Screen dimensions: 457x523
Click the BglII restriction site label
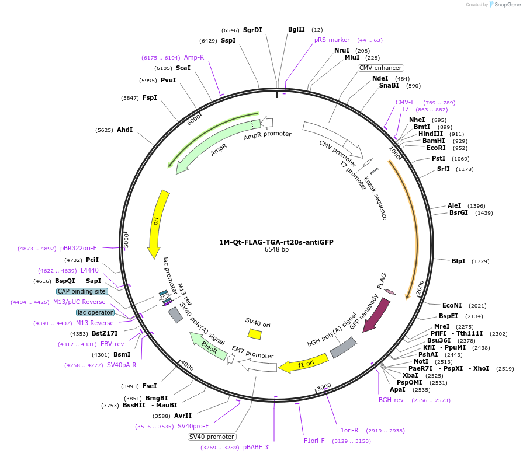tap(296, 29)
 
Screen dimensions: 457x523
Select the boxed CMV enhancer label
tap(380, 68)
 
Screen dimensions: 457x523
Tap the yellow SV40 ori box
tap(254, 334)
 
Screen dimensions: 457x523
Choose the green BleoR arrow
tap(207, 346)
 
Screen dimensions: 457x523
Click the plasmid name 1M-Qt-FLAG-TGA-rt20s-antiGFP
tap(276, 242)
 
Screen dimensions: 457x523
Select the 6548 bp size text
tap(276, 250)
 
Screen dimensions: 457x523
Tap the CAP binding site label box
tap(82, 291)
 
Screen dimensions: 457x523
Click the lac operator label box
tap(95, 312)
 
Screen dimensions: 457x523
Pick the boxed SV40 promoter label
tap(212, 437)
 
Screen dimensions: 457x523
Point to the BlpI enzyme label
tap(458, 261)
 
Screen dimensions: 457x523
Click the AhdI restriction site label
tap(124, 130)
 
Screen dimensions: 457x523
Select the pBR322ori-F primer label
tap(78, 248)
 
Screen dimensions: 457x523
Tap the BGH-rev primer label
tap(391, 400)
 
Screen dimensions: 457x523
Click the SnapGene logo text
tap(505, 5)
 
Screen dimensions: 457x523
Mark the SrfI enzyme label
tap(444, 169)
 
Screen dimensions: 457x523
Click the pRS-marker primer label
tap(332, 40)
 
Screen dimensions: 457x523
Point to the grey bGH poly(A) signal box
tap(343, 347)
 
